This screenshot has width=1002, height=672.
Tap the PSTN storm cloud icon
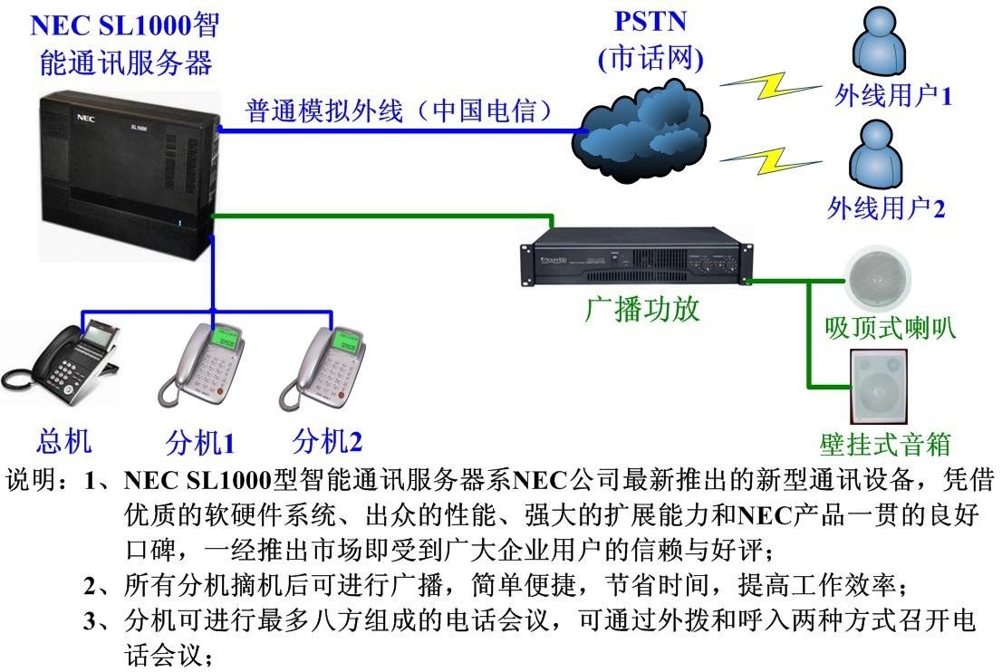click(x=644, y=128)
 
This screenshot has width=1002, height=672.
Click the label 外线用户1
click(x=892, y=95)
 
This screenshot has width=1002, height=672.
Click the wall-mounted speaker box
click(x=877, y=387)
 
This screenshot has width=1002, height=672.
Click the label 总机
click(x=64, y=441)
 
